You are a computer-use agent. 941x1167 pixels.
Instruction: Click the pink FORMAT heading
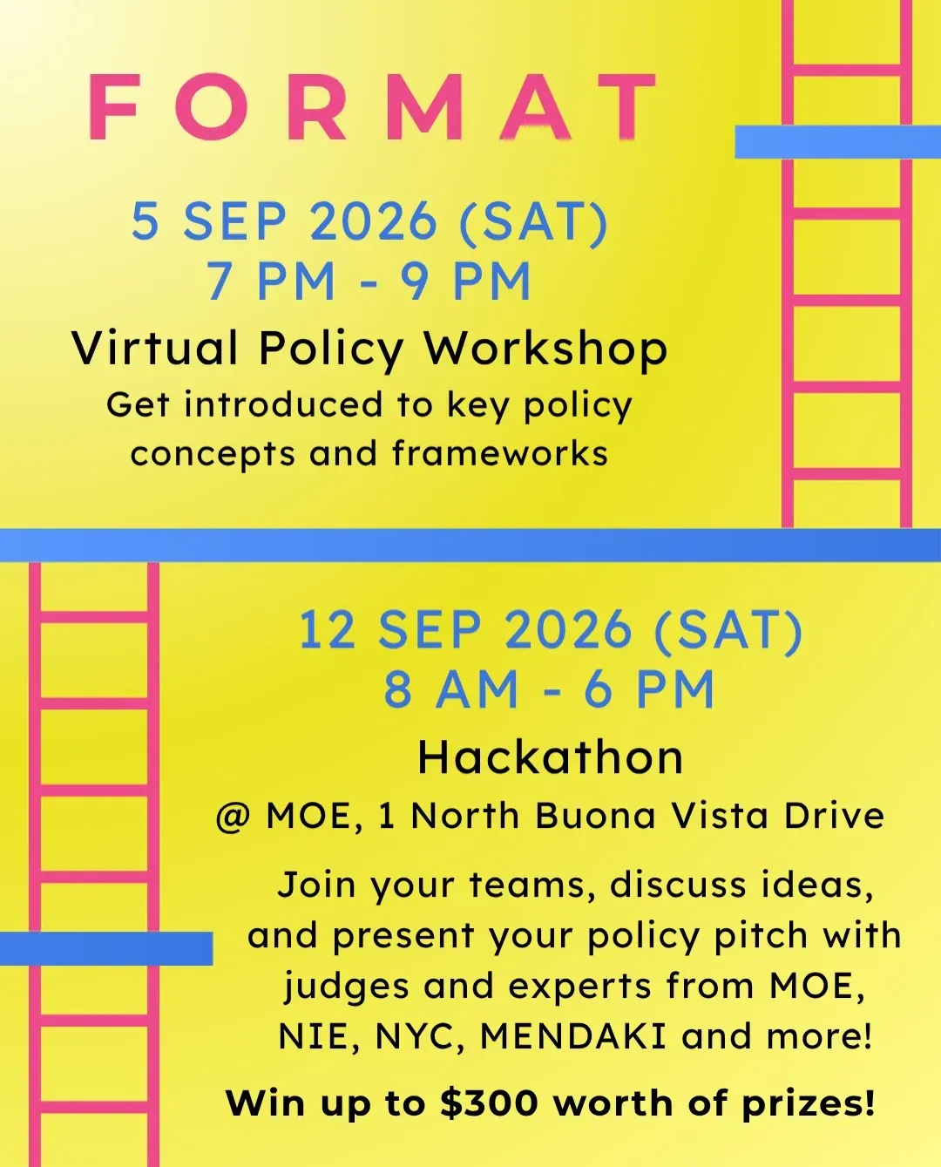[x=373, y=107]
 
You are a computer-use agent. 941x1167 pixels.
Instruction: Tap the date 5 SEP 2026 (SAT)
[x=369, y=221]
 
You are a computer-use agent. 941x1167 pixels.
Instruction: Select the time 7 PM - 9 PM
[x=369, y=281]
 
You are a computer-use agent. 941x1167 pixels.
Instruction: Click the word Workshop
[x=545, y=349]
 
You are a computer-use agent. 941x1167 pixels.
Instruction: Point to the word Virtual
[x=155, y=348]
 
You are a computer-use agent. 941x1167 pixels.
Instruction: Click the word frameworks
[x=500, y=453]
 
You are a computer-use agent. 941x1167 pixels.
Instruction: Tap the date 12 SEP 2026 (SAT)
[x=550, y=629]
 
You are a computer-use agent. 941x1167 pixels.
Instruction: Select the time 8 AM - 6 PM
[x=549, y=689]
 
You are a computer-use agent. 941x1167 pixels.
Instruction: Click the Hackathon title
[x=550, y=757]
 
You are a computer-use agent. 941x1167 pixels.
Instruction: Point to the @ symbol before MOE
[x=234, y=817]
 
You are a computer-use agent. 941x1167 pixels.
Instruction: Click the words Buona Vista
[x=652, y=815]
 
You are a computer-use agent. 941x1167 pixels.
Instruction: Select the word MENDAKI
[x=573, y=1036]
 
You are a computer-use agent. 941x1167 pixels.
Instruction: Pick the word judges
[x=347, y=987]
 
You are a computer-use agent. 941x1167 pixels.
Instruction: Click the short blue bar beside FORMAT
[x=837, y=141]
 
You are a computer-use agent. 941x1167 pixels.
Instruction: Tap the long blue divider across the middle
[x=470, y=545]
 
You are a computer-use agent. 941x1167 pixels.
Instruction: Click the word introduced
[x=284, y=404]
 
